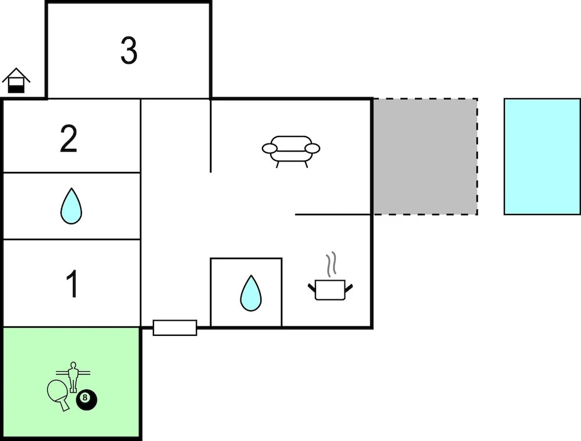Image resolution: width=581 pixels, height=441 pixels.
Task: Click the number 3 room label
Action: click(129, 51)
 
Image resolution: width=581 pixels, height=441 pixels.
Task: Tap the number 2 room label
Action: click(69, 140)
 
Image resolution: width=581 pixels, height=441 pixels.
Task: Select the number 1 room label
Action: click(72, 284)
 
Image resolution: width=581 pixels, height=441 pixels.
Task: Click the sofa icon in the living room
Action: click(291, 150)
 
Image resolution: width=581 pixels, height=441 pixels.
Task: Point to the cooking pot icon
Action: click(330, 289)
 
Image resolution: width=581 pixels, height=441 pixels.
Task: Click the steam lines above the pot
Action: click(332, 264)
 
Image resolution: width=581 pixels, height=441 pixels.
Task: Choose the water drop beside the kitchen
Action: click(250, 293)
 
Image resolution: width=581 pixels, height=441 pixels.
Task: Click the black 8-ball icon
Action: click(87, 399)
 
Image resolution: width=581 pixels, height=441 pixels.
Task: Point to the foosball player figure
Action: click(73, 377)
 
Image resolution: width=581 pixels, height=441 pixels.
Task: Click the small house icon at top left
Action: click(16, 81)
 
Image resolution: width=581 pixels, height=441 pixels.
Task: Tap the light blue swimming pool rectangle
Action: click(541, 156)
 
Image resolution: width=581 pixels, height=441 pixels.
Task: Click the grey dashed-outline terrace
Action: click(425, 156)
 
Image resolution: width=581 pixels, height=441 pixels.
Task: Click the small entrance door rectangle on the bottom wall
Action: click(175, 328)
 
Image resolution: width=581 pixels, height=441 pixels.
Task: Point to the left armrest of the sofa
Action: click(269, 149)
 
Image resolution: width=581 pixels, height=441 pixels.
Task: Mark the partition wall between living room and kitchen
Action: click(333, 214)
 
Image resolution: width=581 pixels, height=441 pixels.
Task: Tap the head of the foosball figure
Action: click(73, 365)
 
